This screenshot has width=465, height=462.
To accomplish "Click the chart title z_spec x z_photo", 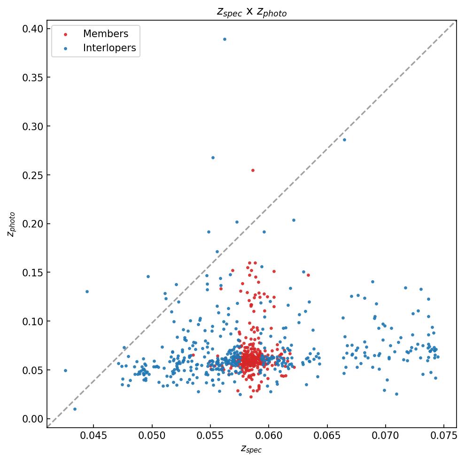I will coord(251,12).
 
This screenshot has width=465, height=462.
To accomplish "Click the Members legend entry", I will coord(105,34).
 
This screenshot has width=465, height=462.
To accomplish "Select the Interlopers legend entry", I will coord(109,48).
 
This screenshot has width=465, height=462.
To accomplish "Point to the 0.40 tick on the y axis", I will coord(32,29).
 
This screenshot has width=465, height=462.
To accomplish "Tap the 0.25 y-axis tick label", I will coord(32,175).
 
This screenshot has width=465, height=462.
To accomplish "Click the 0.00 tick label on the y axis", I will coord(32,419).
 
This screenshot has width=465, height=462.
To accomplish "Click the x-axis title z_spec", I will coord(251,449).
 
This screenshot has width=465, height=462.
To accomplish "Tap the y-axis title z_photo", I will coord(12,224).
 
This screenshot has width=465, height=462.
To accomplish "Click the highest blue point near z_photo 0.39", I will coord(225,39).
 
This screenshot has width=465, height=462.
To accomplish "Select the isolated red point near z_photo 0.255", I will coord(253,170).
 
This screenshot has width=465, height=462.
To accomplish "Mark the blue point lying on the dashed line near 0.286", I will coord(344,140).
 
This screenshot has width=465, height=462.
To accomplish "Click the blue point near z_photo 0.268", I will coord(213,157).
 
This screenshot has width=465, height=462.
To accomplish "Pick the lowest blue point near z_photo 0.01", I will coord(75,409).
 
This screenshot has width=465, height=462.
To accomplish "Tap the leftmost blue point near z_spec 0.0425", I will coord(65,370).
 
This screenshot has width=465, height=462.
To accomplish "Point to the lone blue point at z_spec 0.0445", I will coord(87,291).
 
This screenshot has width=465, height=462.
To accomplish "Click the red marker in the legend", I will coord(65,34).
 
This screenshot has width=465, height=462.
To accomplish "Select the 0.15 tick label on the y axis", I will coord(32,273).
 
